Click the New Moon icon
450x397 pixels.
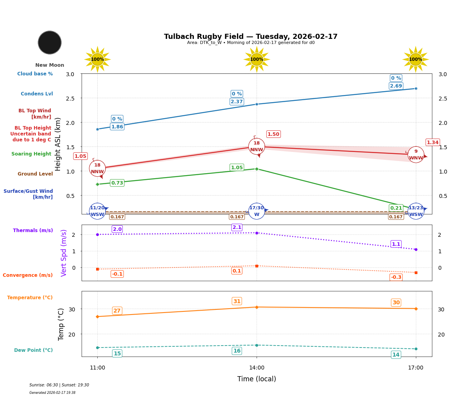coord(50,42)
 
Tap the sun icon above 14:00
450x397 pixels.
coord(257,59)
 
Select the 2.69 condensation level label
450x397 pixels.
coord(396,86)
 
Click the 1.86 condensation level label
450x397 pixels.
coord(117,126)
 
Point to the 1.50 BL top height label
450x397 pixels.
coord(273,134)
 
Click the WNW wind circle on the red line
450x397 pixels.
coord(416,155)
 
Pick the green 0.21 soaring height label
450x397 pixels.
coord(396,208)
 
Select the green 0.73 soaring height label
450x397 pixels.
coord(117,183)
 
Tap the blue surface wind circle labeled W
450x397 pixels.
coord(257,211)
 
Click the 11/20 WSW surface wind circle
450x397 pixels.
coord(97,211)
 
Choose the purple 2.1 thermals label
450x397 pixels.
coord(237,227)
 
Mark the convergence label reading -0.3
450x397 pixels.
coord(396,277)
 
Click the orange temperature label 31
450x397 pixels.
coord(237,302)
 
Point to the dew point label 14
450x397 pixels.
coord(396,355)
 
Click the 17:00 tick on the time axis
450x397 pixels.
coord(416,368)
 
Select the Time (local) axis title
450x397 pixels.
coord(257,379)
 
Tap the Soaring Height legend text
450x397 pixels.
coord(31,154)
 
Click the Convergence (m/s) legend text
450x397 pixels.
coord(28,275)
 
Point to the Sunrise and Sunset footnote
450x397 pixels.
coord(59,385)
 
